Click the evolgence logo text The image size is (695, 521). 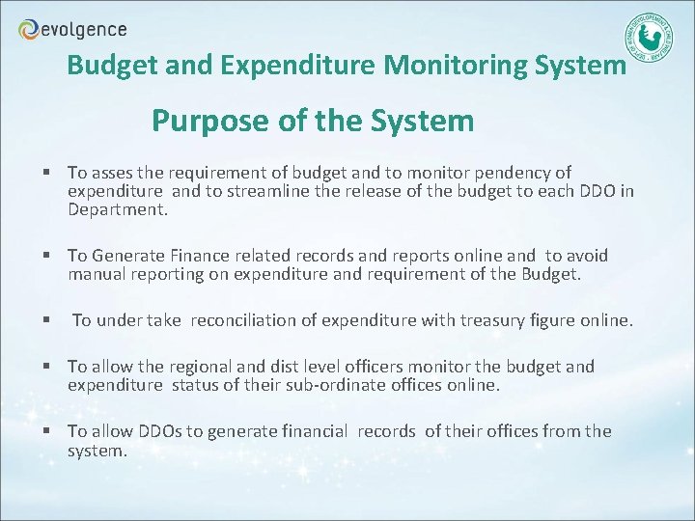[84, 30]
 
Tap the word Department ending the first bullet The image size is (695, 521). [117, 208]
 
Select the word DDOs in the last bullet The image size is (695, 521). [160, 431]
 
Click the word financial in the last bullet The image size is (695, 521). [312, 431]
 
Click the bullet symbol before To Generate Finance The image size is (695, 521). [45, 257]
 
